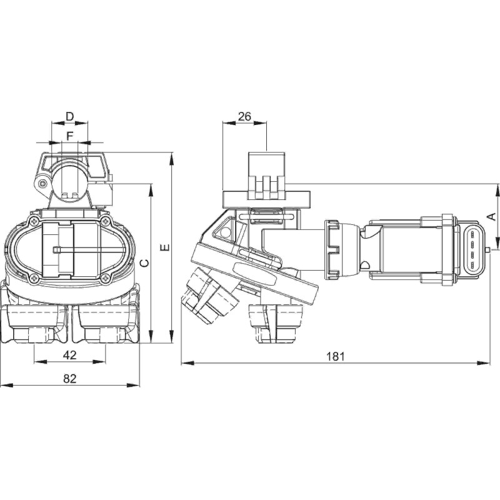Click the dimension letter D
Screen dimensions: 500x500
pyautogui.click(x=70, y=116)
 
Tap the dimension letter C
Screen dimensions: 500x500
pyautogui.click(x=144, y=263)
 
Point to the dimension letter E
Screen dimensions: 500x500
pyautogui.click(x=165, y=248)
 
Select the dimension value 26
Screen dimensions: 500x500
pyautogui.click(x=245, y=116)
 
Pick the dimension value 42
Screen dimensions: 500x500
pyautogui.click(x=70, y=355)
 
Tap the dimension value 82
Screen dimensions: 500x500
pyautogui.click(x=70, y=378)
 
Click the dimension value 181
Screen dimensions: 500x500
pyautogui.click(x=336, y=356)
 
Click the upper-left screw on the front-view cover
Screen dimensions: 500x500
pyautogui.click(x=34, y=222)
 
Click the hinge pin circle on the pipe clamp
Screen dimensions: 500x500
pyautogui.click(x=42, y=184)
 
